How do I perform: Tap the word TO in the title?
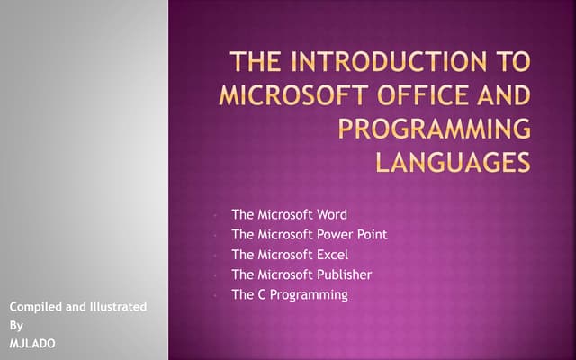[512, 64]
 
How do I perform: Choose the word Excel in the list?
[330, 255]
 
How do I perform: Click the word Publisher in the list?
[342, 274]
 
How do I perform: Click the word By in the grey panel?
[16, 326]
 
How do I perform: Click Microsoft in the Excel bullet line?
[283, 255]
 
